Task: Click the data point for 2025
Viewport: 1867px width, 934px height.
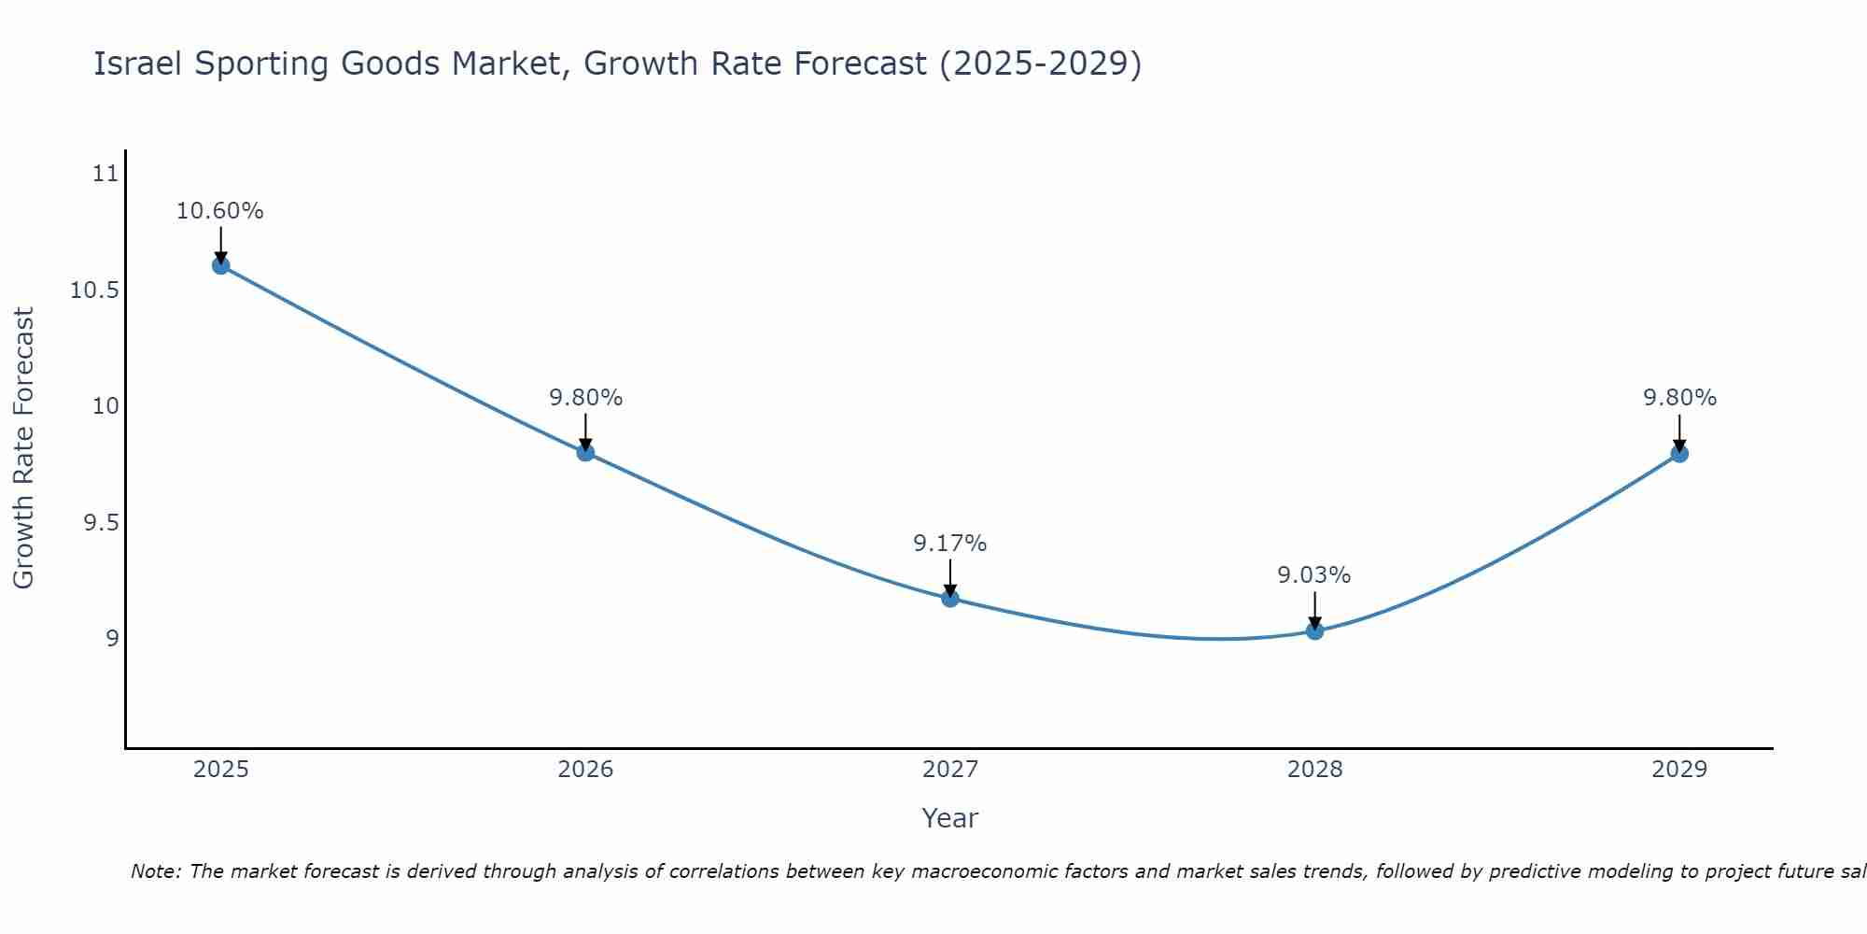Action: tap(220, 265)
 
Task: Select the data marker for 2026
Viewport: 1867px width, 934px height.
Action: tap(585, 452)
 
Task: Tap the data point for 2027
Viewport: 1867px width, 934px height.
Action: tap(950, 598)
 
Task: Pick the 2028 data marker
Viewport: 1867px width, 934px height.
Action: tap(1314, 630)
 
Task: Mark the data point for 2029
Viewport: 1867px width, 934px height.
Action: tap(1679, 454)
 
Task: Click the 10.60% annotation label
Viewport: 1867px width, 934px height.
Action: tap(220, 211)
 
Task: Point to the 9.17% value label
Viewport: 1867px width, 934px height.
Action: tap(949, 544)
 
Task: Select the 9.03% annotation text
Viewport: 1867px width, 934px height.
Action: tap(1314, 575)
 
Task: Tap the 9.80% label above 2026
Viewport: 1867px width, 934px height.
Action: tap(585, 398)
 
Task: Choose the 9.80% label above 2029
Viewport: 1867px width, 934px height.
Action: tap(1679, 398)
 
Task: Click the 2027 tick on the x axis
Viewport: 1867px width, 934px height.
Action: tap(950, 770)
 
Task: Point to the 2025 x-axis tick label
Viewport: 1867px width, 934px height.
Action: tap(220, 770)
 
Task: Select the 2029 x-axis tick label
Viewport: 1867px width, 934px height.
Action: tap(1679, 770)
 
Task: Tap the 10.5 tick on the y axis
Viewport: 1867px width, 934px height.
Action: tap(95, 290)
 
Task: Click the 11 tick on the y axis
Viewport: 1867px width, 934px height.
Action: tap(106, 174)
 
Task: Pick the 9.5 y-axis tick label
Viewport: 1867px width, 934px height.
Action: tap(102, 523)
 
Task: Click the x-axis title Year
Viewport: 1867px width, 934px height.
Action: tap(949, 818)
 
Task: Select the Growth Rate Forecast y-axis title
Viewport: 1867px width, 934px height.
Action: tap(23, 448)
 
